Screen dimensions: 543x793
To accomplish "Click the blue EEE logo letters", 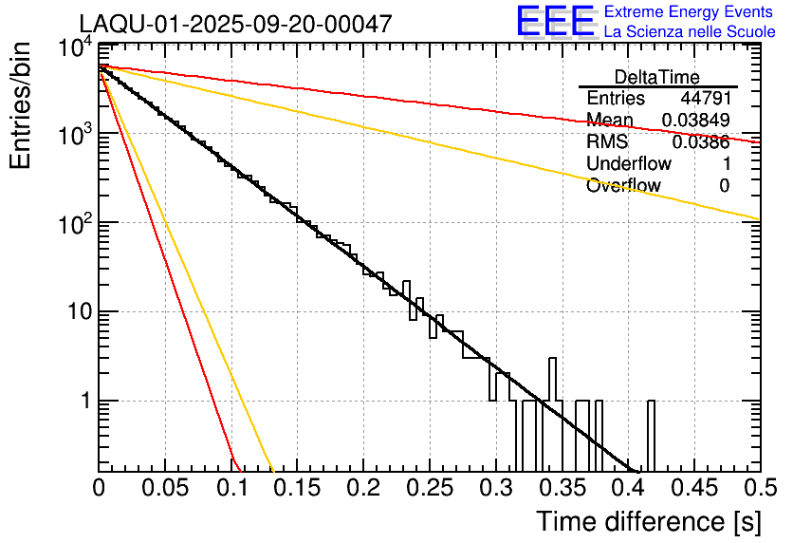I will pyautogui.click(x=555, y=22).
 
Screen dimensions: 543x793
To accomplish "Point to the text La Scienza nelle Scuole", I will pyautogui.click(x=690, y=31).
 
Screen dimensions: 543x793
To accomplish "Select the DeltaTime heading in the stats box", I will pyautogui.click(x=657, y=77).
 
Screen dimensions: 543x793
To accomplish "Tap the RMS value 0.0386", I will pyautogui.click(x=701, y=142).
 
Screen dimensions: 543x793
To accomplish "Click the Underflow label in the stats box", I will pyautogui.click(x=629, y=164).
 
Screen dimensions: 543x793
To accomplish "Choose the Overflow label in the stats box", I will pyautogui.click(x=623, y=186).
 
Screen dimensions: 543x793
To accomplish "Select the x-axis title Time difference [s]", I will pyautogui.click(x=647, y=521).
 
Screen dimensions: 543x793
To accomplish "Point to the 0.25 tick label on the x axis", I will pyautogui.click(x=430, y=488).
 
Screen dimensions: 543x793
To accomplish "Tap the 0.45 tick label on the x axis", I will pyautogui.click(x=693, y=488).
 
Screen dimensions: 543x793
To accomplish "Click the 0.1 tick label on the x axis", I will pyautogui.click(x=231, y=488).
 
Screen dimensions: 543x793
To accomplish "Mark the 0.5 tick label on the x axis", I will pyautogui.click(x=759, y=488).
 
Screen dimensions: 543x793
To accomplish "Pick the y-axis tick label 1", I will pyautogui.click(x=83, y=401).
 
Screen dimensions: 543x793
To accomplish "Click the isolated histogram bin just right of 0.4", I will pyautogui.click(x=651, y=437).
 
